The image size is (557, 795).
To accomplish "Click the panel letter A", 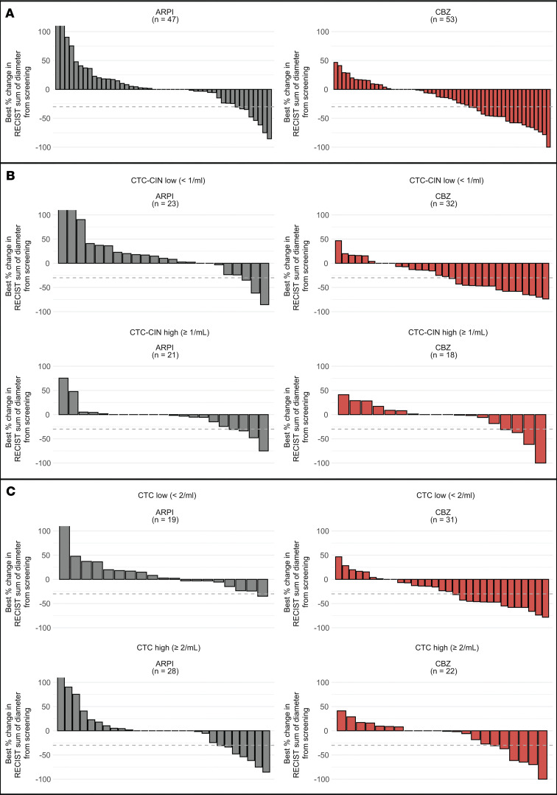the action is (10, 14).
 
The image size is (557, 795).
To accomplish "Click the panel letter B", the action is (10, 176).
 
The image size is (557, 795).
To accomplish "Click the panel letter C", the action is (10, 491).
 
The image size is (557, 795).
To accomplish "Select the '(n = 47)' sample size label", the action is (165, 19).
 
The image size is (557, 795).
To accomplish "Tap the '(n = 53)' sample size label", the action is (444, 19).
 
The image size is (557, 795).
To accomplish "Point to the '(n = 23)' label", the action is (165, 203).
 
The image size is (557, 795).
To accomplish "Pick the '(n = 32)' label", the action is (444, 203).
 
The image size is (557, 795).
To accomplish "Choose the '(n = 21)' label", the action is (165, 355).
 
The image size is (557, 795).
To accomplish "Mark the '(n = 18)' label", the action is (444, 355).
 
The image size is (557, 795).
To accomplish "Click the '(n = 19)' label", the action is (165, 519).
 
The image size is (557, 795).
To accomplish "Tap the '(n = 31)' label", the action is (444, 519).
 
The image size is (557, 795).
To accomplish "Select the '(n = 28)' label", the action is (165, 670).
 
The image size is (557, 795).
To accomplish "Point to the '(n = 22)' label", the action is (444, 670).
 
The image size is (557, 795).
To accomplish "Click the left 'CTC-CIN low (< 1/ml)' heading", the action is (168, 181).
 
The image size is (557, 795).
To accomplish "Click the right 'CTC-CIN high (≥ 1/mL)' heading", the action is (448, 332).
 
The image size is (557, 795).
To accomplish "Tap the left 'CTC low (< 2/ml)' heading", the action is (167, 495).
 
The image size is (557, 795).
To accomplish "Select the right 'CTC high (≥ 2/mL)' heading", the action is (447, 648).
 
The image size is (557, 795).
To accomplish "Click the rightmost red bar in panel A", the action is (548, 118).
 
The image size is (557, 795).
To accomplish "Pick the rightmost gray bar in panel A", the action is (269, 114).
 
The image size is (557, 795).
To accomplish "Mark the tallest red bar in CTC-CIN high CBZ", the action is (540, 438).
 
